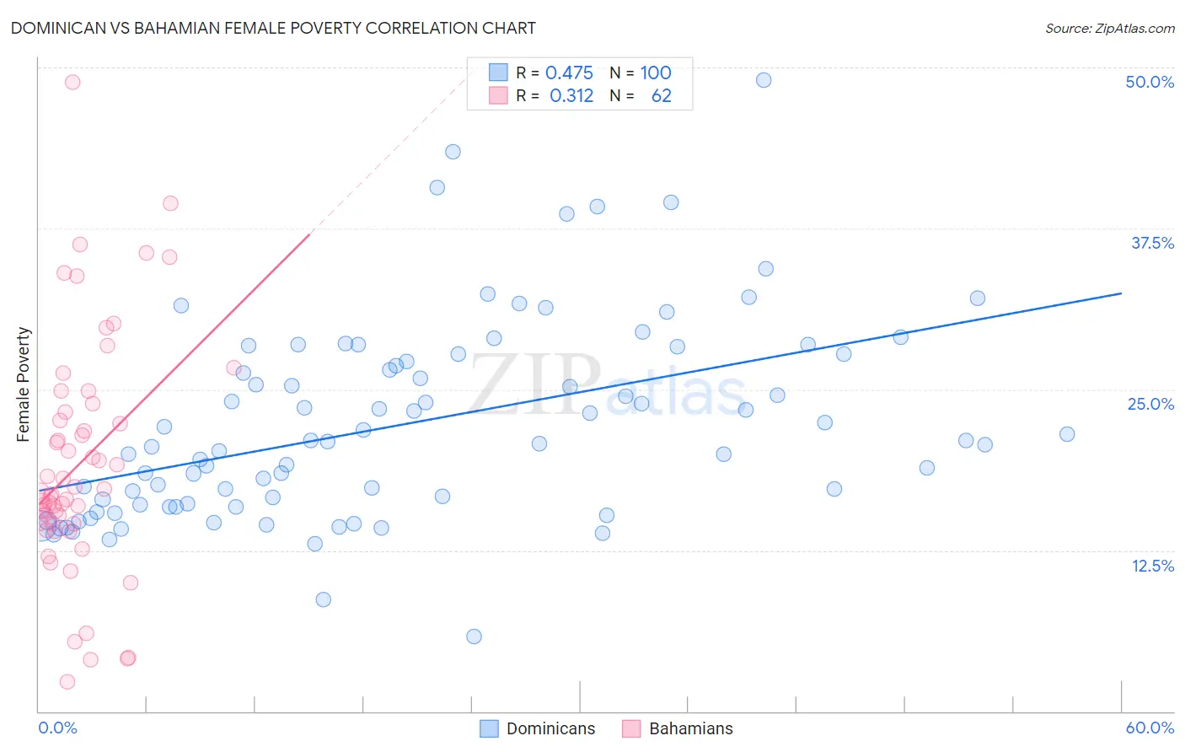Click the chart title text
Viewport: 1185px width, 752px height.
tap(273, 28)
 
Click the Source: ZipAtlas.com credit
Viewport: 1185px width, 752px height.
tap(1109, 28)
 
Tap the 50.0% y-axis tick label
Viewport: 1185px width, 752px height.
tap(1150, 82)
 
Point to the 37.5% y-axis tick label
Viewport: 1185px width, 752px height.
tap(1152, 243)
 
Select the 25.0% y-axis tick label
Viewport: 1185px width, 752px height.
tap(1150, 404)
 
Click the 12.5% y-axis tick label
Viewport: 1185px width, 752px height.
tap(1152, 566)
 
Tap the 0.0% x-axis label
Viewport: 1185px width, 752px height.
tap(57, 728)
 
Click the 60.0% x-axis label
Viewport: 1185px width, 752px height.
tap(1150, 728)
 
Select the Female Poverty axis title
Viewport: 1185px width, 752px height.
tap(23, 384)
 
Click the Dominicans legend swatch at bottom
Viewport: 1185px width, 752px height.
tap(489, 728)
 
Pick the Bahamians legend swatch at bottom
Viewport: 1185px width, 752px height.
tap(631, 728)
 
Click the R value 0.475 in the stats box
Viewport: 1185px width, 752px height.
tap(569, 73)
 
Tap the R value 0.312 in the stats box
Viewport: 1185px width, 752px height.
tap(571, 96)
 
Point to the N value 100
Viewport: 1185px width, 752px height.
tap(656, 73)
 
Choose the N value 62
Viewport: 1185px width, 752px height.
tap(662, 96)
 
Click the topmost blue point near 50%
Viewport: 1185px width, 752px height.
tap(764, 80)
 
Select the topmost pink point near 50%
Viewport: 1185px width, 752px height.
tap(72, 82)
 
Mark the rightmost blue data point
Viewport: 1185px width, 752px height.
tap(1067, 434)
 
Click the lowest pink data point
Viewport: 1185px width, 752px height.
tap(67, 681)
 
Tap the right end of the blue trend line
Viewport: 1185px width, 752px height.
tap(1121, 293)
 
